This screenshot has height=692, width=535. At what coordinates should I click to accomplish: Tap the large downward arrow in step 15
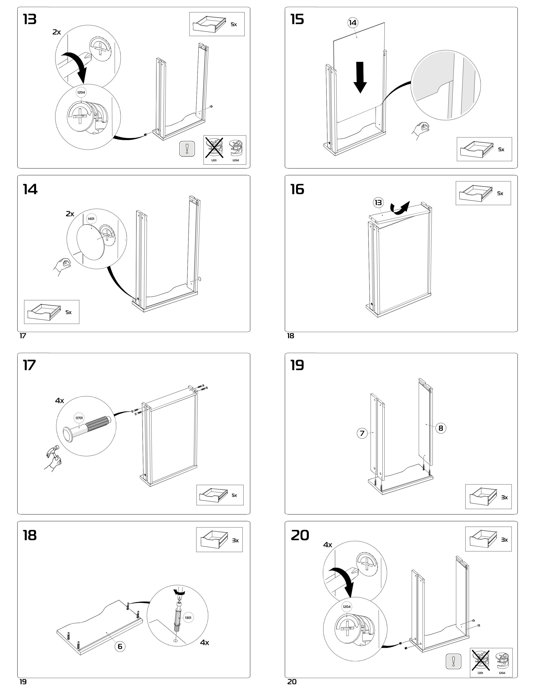coord(360,77)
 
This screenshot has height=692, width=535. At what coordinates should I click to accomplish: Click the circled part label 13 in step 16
coord(378,203)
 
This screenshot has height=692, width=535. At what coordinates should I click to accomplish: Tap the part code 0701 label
coord(79,418)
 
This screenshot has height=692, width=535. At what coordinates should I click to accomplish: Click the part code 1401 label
coord(91,219)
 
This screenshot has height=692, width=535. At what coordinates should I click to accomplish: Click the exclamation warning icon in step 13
coord(187,149)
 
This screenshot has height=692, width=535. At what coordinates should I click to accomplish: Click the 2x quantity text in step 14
coord(70,214)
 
